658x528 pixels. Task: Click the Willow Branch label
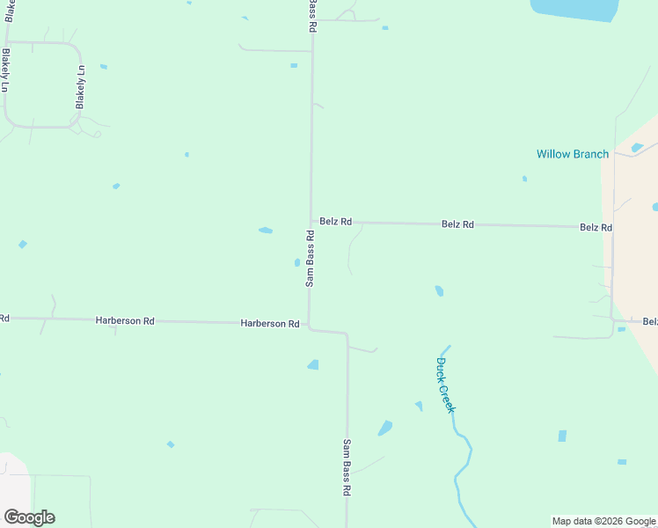pos(573,154)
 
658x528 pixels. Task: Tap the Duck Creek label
pos(446,385)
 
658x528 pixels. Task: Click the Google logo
pos(29,517)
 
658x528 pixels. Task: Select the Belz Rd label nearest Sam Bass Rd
pos(336,222)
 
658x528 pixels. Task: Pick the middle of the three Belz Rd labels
pos(457,224)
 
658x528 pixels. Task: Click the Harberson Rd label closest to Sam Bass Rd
pos(270,324)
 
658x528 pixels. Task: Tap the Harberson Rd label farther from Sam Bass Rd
pos(125,321)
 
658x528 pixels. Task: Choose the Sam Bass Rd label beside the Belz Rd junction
pos(311,259)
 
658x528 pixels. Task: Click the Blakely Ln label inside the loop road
pos(80,87)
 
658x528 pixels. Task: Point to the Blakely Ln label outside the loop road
pos(6,70)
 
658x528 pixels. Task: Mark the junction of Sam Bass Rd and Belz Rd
pos(311,222)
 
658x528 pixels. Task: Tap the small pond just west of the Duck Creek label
pos(419,406)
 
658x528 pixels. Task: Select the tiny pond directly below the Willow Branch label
pos(524,179)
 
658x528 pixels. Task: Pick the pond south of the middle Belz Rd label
pos(439,290)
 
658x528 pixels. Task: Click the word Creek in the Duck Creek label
pos(450,397)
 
